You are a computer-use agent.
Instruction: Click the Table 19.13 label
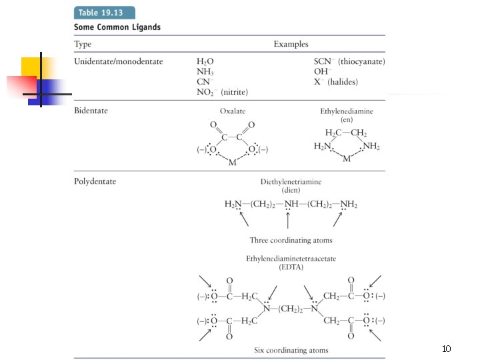coord(104,13)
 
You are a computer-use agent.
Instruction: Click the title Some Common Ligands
coord(117,27)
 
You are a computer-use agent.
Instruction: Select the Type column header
coord(83,44)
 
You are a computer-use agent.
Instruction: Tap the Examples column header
coord(291,44)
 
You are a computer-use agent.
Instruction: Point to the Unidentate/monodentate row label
coord(118,61)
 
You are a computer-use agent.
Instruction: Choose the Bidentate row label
coord(91,110)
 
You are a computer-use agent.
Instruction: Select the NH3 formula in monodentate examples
coord(205,72)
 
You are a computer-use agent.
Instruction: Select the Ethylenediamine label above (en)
coord(346,111)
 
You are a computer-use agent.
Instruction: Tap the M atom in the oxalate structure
coord(233,163)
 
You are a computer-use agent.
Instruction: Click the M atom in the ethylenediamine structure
coord(346,159)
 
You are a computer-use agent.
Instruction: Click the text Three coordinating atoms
coord(291,240)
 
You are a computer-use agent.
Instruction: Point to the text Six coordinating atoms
coord(291,350)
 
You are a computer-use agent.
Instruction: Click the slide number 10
coord(447,349)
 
